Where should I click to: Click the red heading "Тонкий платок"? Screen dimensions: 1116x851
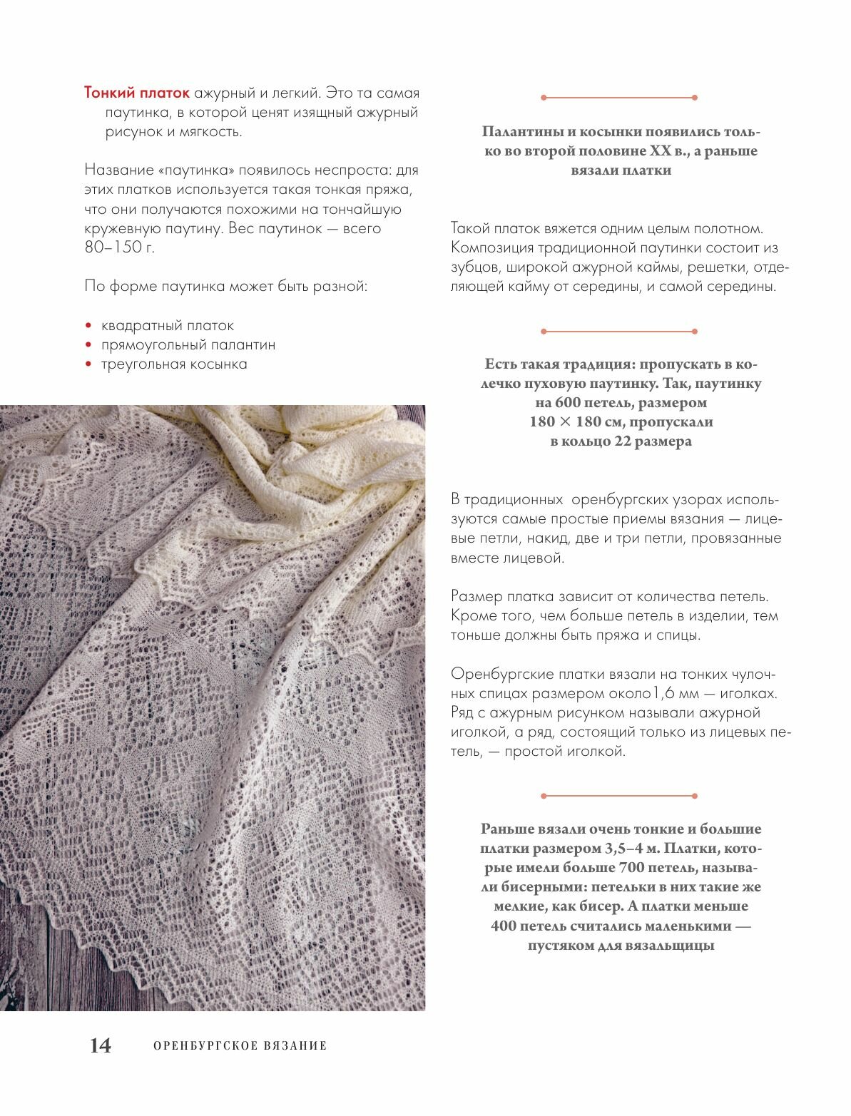click(137, 93)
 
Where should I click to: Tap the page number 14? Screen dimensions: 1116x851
click(100, 1045)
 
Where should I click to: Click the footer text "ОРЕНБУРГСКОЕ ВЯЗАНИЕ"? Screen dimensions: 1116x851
click(240, 1046)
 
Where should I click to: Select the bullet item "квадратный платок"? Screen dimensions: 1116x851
click(168, 326)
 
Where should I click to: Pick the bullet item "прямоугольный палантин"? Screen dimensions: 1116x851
click(188, 345)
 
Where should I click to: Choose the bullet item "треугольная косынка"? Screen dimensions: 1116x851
click(174, 364)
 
